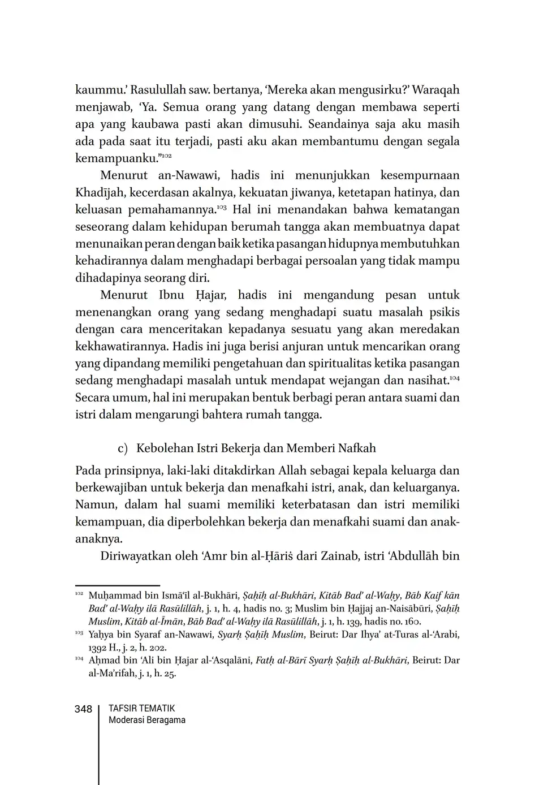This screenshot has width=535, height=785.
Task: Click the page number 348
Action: pos(83,709)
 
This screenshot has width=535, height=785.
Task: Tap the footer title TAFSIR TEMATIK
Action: pos(141,709)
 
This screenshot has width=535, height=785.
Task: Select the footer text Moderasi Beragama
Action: pos(146,721)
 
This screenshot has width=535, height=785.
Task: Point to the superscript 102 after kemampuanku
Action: pos(167,156)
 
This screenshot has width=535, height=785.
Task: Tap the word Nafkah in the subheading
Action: pos(356,448)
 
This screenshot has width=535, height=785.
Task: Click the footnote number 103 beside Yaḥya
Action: pos(79,633)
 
